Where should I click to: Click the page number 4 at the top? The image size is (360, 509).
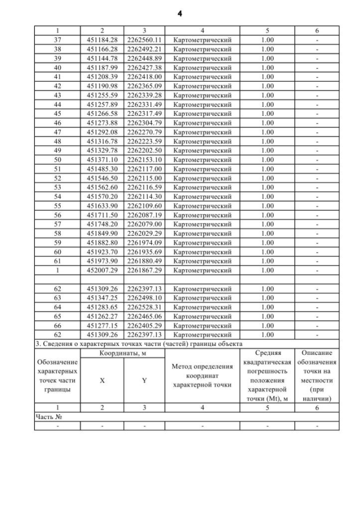179,13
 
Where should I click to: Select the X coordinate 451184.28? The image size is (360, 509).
102,40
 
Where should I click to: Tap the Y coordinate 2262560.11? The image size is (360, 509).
144,40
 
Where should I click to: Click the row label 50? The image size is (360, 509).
57,160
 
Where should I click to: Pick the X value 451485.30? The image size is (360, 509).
102,169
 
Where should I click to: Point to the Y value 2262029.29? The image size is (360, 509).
144,233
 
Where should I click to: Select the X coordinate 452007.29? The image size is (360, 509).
102,270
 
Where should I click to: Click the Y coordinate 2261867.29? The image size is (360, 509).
144,270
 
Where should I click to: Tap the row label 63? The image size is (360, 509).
57,298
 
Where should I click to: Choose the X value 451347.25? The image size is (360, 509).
102,298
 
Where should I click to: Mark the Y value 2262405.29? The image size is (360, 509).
144,325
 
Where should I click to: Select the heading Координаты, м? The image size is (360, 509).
123,353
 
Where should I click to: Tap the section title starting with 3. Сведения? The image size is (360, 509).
138,343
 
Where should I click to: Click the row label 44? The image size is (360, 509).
57,105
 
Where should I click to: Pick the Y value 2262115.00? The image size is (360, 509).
144,178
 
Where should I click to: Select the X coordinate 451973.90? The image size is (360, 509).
102,261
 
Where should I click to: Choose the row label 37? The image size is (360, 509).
57,40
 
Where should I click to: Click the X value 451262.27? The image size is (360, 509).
102,316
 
